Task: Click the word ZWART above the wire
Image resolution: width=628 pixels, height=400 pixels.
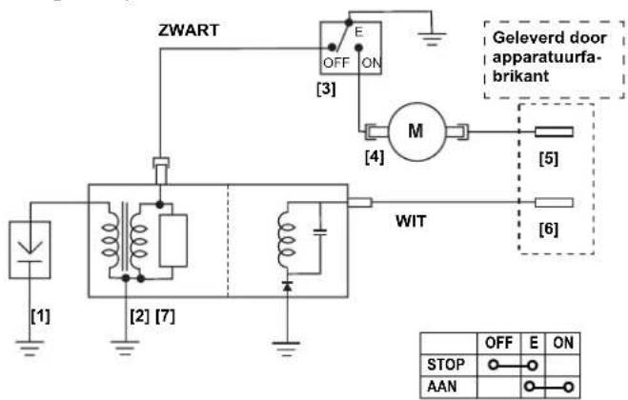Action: tap(189, 30)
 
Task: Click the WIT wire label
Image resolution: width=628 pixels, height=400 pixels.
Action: tap(411, 221)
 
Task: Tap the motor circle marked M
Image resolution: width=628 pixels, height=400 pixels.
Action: tap(417, 131)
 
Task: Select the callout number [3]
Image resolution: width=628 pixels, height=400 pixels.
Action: tap(326, 89)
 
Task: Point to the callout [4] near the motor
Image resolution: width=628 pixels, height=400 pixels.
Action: tap(375, 157)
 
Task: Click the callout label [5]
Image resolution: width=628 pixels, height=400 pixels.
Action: tap(549, 159)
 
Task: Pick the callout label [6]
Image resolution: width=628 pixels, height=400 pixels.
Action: tap(549, 230)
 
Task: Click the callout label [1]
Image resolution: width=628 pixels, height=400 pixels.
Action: tap(40, 316)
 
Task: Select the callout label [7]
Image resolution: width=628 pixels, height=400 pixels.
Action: tap(166, 316)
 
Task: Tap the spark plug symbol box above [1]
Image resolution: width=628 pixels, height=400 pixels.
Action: tap(30, 250)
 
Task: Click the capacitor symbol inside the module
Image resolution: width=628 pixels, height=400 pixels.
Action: tap(319, 231)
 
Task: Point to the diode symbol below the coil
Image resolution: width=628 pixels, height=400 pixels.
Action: tap(287, 286)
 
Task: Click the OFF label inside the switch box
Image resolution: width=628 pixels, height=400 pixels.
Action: tap(336, 63)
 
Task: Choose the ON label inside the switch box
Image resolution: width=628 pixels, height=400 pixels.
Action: tap(372, 63)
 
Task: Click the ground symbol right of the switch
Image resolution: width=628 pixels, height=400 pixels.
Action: tap(432, 39)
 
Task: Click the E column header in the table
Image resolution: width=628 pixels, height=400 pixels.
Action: tap(534, 343)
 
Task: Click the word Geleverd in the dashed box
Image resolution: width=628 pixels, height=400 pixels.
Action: tap(525, 38)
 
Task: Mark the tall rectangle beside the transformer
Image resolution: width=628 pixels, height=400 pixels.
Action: tap(173, 241)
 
